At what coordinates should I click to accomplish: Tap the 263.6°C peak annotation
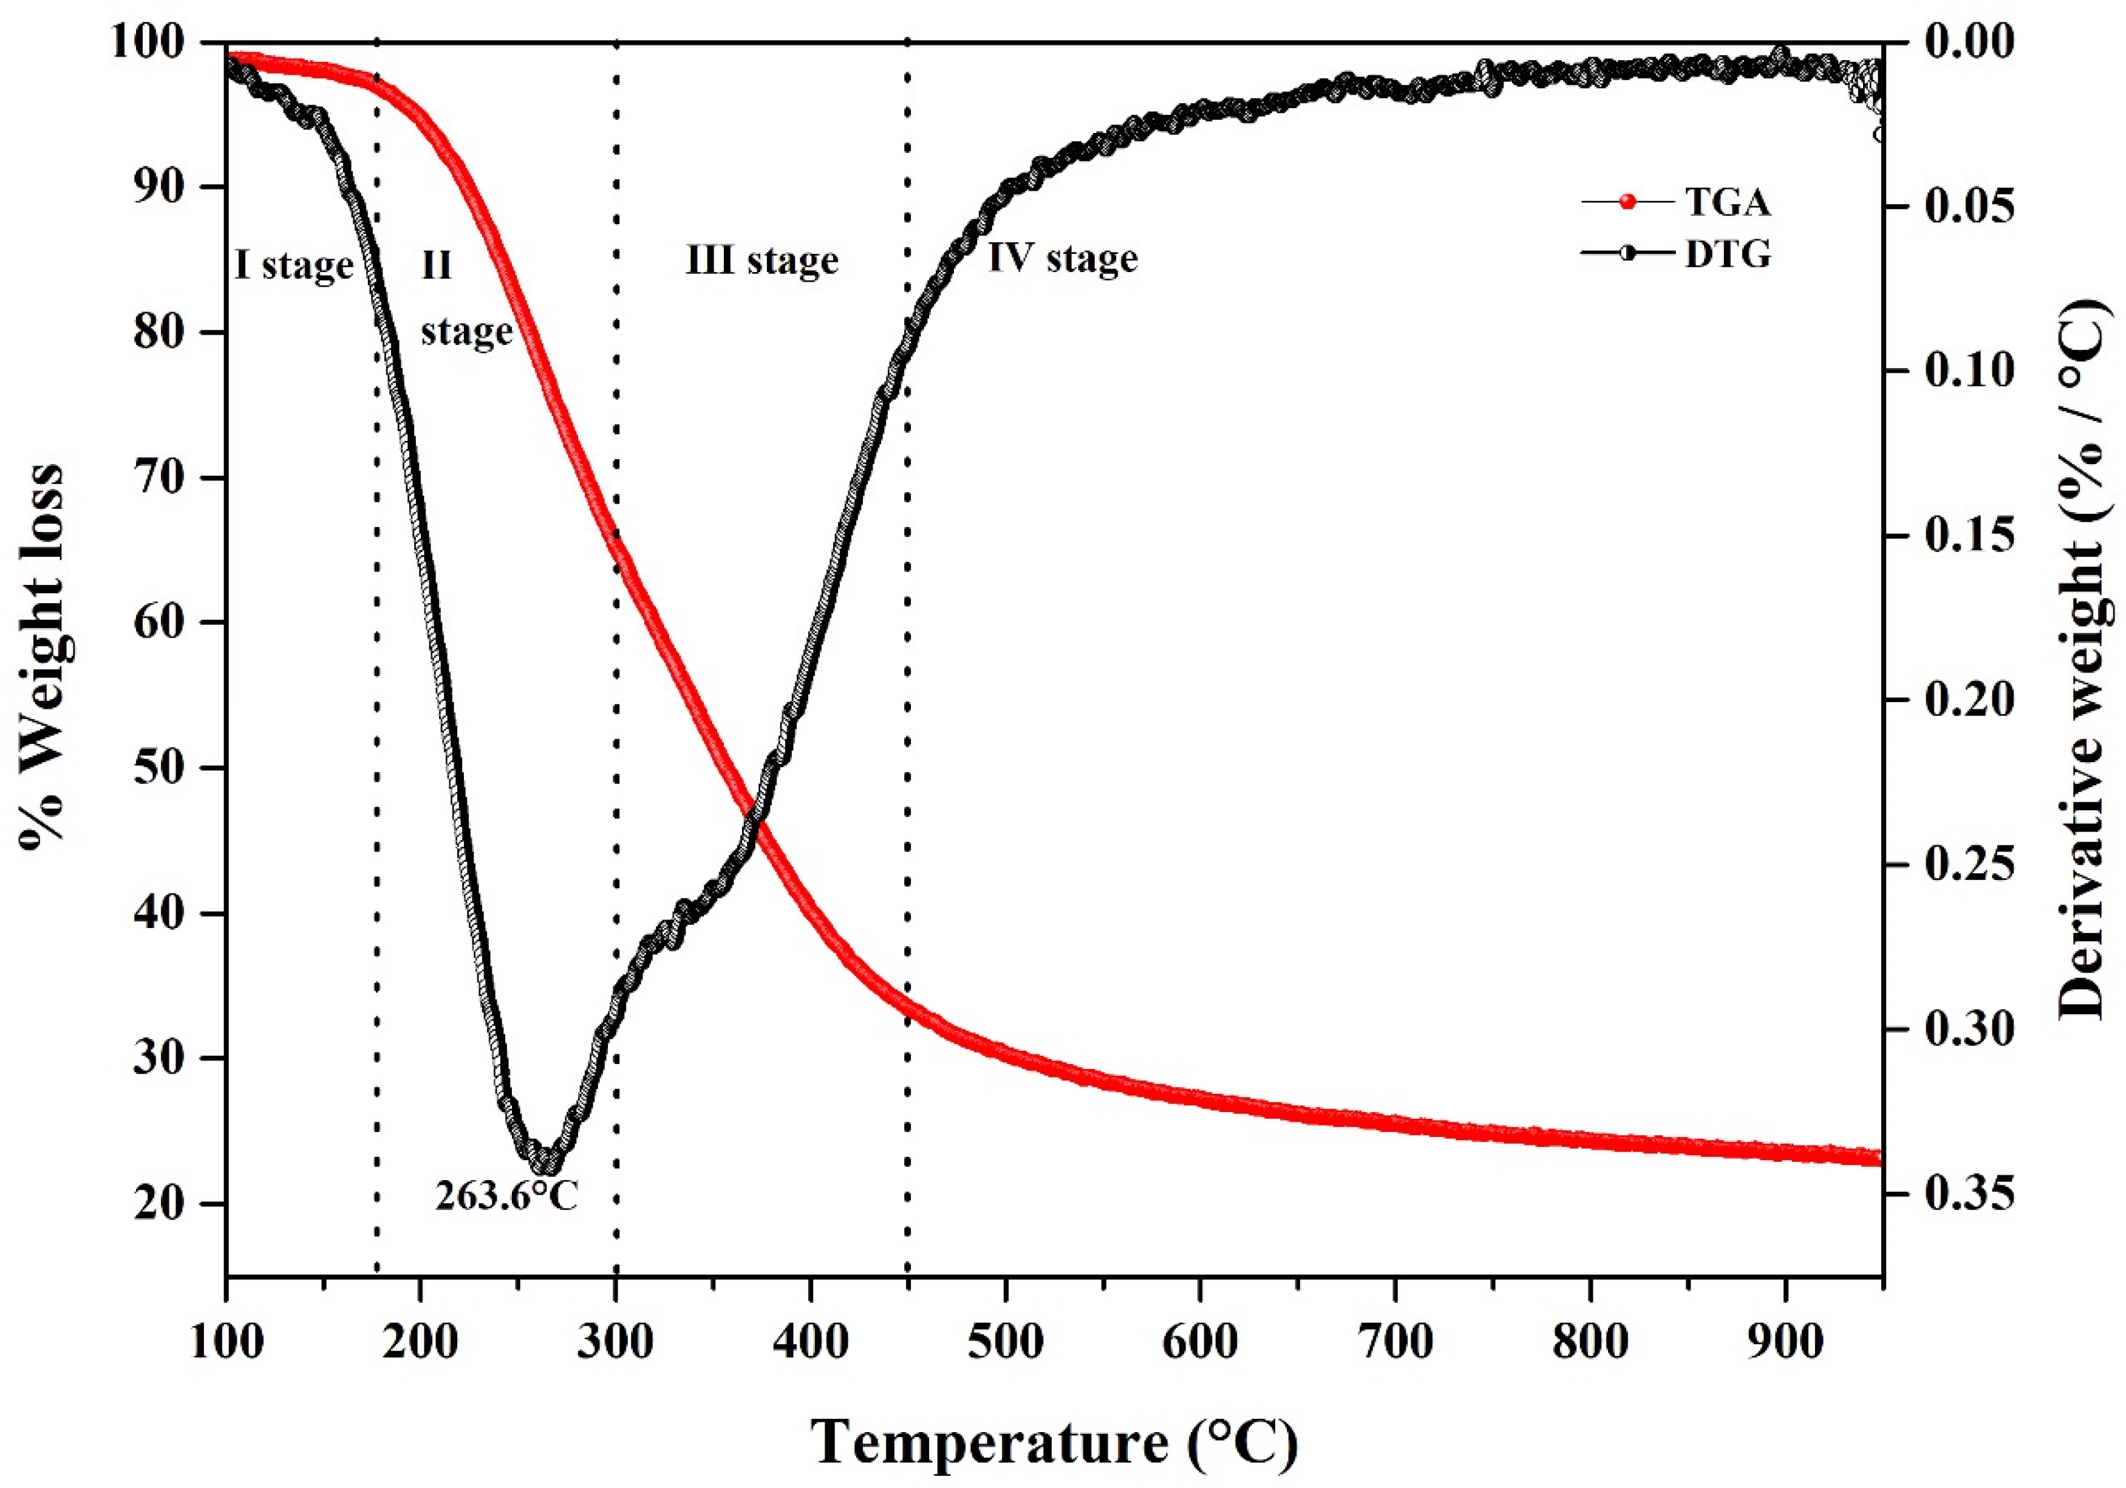[x=506, y=1196]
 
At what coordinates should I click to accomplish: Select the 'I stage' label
[x=293, y=267]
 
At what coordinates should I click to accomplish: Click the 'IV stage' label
[x=1062, y=258]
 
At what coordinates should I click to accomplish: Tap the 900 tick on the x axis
[x=1784, y=1341]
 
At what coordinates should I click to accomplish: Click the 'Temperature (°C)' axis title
[x=1055, y=1441]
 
